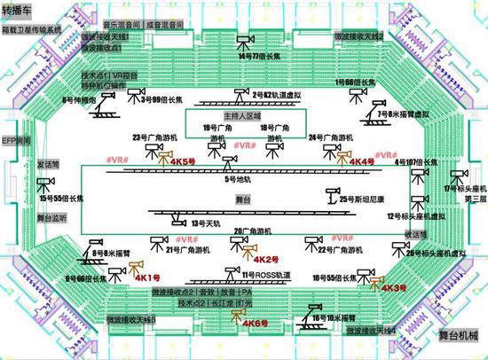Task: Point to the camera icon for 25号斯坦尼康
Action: (333, 194)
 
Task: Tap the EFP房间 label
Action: (15, 140)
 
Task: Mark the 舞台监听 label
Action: (51, 215)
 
